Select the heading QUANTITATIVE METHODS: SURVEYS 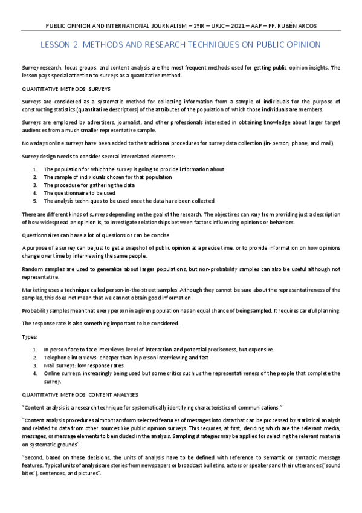[x=59, y=87]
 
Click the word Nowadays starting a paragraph [x=36, y=143]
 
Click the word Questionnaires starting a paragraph [x=42, y=235]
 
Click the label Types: [x=29, y=336]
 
